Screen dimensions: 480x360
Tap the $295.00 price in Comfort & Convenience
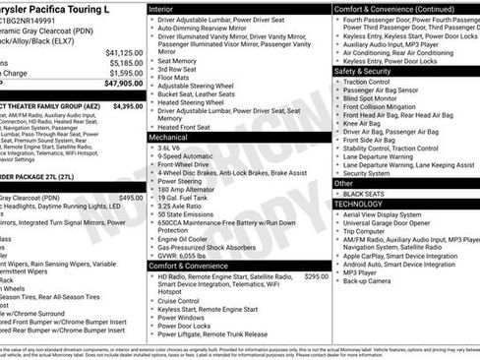point(316,276)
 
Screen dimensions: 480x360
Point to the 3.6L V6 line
point(171,148)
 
